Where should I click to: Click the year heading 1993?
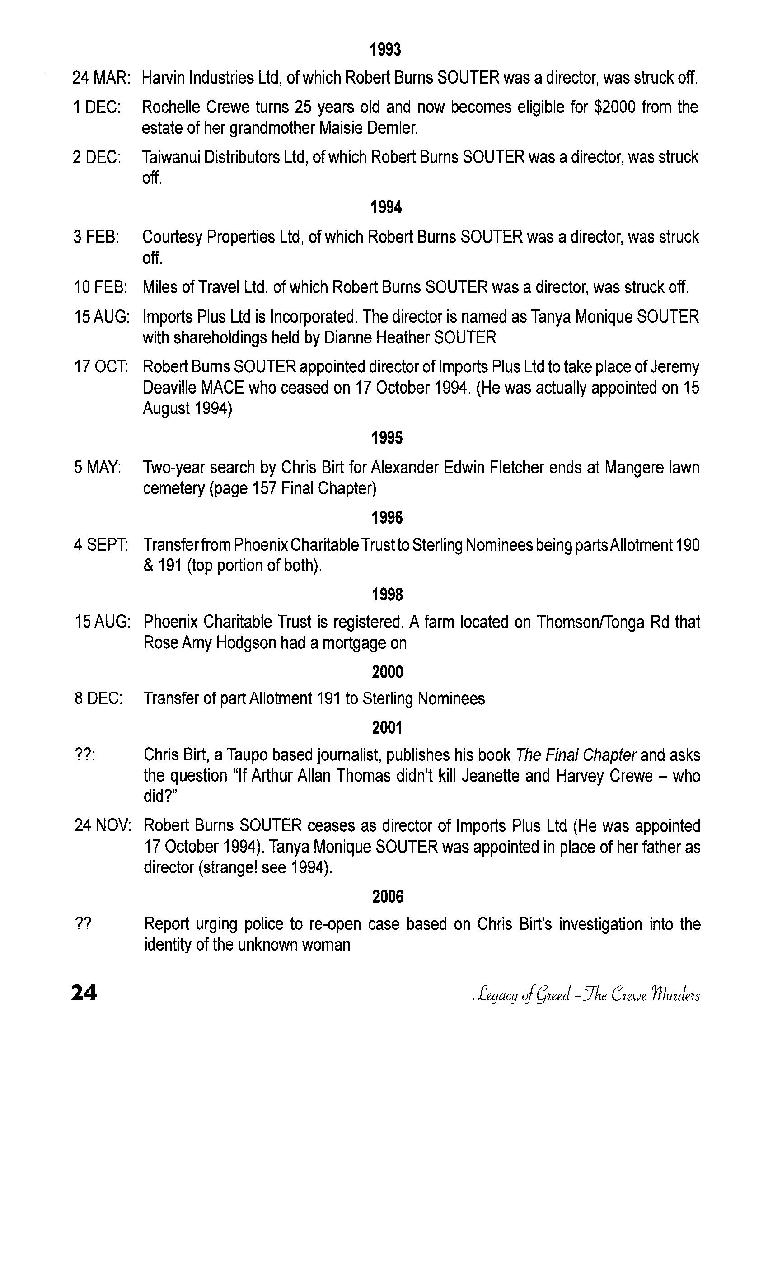pos(385,50)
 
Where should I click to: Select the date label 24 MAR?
pos(101,78)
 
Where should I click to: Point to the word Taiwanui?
pos(170,157)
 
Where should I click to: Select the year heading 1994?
pos(385,207)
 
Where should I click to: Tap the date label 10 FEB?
pos(100,287)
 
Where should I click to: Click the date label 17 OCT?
pos(101,367)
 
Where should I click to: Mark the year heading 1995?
pos(387,438)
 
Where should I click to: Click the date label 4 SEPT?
pos(101,545)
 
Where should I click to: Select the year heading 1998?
pos(387,595)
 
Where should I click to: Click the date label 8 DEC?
pos(98,699)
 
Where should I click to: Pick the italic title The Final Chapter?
pos(576,755)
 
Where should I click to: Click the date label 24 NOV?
pos(103,826)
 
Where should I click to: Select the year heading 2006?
pos(388,896)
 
